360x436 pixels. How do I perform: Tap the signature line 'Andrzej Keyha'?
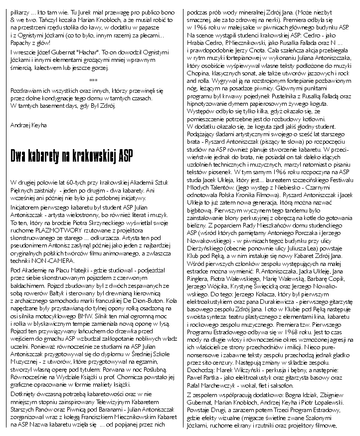[29, 125]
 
